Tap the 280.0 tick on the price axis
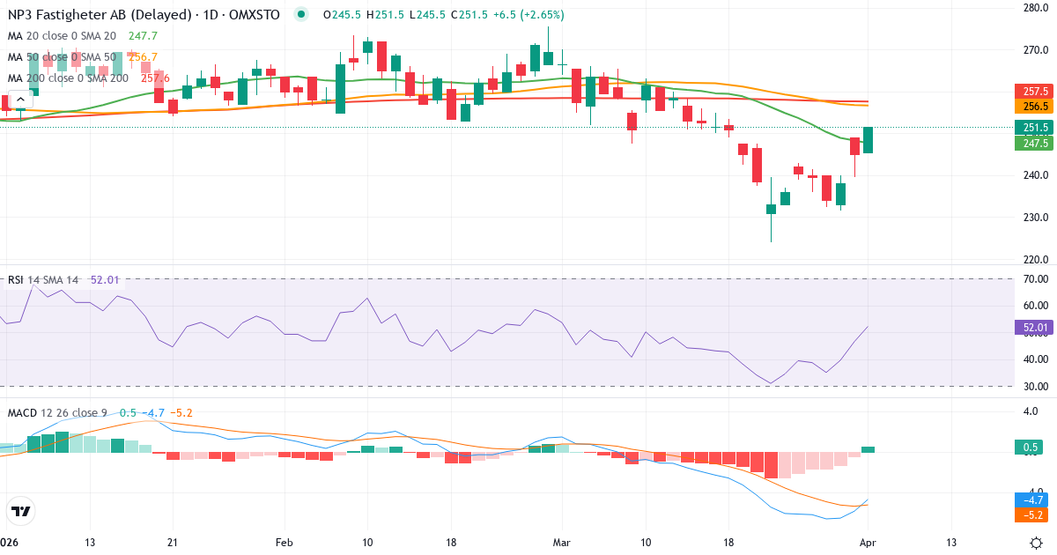point(1034,8)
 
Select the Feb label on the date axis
point(284,543)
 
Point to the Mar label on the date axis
point(561,543)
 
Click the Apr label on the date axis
point(867,543)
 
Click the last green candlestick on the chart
point(868,140)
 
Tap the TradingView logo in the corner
point(21,511)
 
